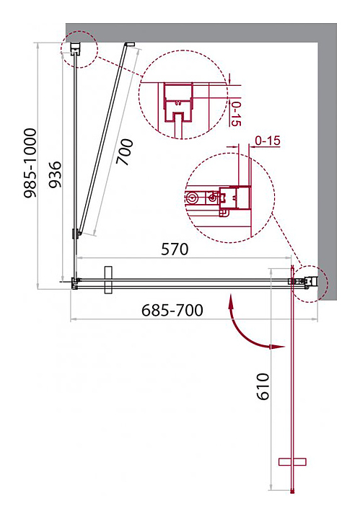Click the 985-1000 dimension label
[x=30, y=163]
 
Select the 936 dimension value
[x=56, y=174]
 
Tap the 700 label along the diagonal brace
[x=125, y=152]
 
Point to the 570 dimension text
[x=175, y=249]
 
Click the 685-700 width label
[x=172, y=311]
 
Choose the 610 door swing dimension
[x=263, y=386]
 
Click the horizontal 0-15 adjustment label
[x=268, y=141]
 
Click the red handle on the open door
[x=292, y=462]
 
